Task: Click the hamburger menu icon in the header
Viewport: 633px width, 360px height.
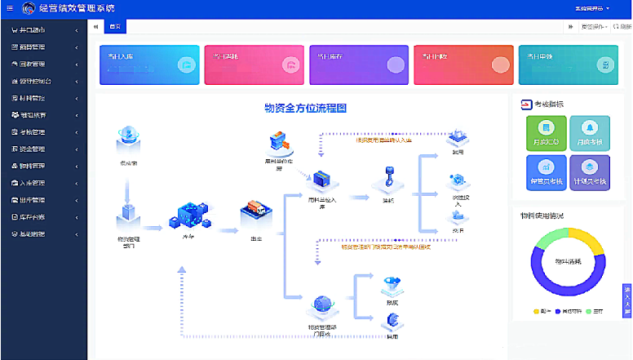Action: tap(9, 8)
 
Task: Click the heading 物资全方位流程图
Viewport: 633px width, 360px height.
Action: tap(306, 109)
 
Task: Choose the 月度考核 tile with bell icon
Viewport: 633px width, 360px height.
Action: tap(590, 131)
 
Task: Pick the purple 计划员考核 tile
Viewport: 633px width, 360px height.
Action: tap(590, 170)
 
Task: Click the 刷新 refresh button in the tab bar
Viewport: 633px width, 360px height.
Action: tap(621, 27)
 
